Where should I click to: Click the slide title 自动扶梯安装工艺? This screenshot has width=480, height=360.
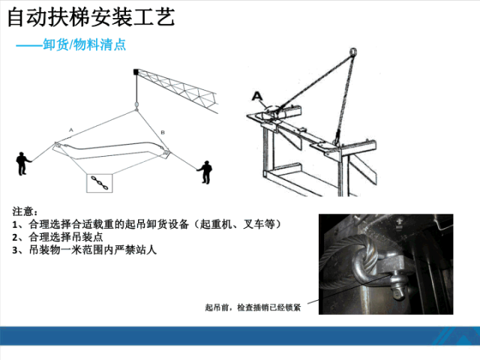tap(91, 17)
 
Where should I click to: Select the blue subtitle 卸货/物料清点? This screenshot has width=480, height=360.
tap(84, 45)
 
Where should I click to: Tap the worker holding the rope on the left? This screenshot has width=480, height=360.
tap(22, 163)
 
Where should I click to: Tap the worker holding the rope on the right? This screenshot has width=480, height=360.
tap(205, 172)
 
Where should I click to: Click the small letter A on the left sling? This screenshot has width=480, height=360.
tap(71, 130)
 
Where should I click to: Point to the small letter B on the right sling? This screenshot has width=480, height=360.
tap(163, 133)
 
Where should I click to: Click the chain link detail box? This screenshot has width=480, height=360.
tap(100, 183)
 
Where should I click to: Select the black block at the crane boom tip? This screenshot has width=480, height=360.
tap(136, 72)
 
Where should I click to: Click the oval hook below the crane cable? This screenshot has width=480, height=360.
tap(136, 105)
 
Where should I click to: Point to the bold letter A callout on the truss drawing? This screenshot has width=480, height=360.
tap(256, 96)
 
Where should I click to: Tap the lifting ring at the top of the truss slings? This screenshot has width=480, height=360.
tap(353, 51)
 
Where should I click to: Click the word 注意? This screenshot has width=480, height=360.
tap(22, 211)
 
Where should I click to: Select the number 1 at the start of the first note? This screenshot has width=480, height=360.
tap(15, 225)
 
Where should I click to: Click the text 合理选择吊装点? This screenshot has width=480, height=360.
tap(66, 237)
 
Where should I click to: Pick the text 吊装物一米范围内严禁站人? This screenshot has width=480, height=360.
tap(93, 250)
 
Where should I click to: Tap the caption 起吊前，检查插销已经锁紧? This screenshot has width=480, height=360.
tap(253, 307)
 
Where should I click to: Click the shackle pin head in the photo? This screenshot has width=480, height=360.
tap(398, 292)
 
